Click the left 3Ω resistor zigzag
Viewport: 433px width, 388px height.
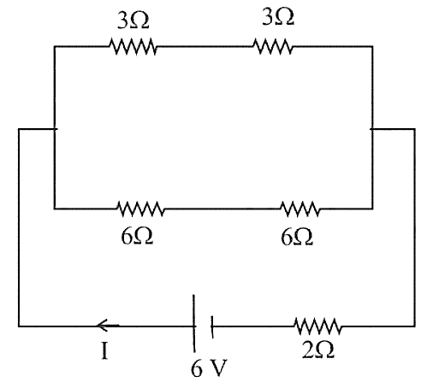coord(133,46)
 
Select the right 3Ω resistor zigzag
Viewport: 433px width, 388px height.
coord(273,46)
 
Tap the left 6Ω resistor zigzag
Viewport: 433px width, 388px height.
coord(140,209)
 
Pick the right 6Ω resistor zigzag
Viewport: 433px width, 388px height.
coord(300,209)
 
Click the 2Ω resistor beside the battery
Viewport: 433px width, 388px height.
coord(317,326)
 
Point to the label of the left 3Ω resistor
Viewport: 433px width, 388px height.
coord(133,21)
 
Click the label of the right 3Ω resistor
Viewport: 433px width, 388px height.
coord(278,16)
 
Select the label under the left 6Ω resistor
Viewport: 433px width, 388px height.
coord(137,236)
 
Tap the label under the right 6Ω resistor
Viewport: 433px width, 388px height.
coord(297,237)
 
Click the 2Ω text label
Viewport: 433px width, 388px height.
coord(318,350)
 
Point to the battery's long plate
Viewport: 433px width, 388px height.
coord(194,323)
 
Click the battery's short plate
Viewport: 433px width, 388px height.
coord(212,326)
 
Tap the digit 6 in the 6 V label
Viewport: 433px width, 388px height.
coord(196,368)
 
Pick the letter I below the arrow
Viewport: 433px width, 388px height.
coord(104,351)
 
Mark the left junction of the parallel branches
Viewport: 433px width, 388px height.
coord(55,129)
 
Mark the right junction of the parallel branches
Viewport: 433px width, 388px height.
coord(372,129)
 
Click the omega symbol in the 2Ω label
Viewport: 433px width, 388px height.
coord(325,350)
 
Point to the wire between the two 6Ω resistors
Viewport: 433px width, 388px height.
coord(222,209)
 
